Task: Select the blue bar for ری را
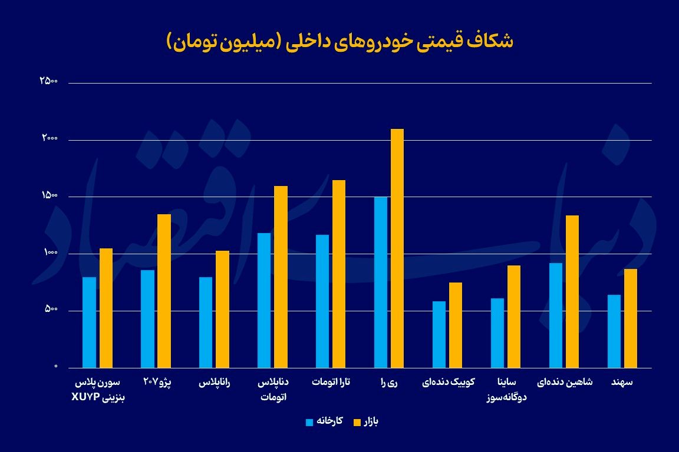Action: click(381, 282)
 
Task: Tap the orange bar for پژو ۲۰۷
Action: click(164, 291)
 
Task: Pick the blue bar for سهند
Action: click(614, 331)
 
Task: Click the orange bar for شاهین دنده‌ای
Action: click(572, 291)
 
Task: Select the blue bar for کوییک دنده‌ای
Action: click(439, 334)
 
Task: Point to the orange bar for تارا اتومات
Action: click(339, 274)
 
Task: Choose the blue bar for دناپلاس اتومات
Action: click(264, 300)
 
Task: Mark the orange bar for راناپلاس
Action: click(222, 309)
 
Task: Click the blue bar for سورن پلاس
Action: click(89, 322)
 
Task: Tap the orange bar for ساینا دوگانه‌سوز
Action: click(514, 317)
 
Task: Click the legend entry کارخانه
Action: click(325, 421)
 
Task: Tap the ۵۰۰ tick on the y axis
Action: click(51, 310)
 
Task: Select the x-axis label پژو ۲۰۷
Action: click(157, 383)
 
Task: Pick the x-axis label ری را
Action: click(389, 383)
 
